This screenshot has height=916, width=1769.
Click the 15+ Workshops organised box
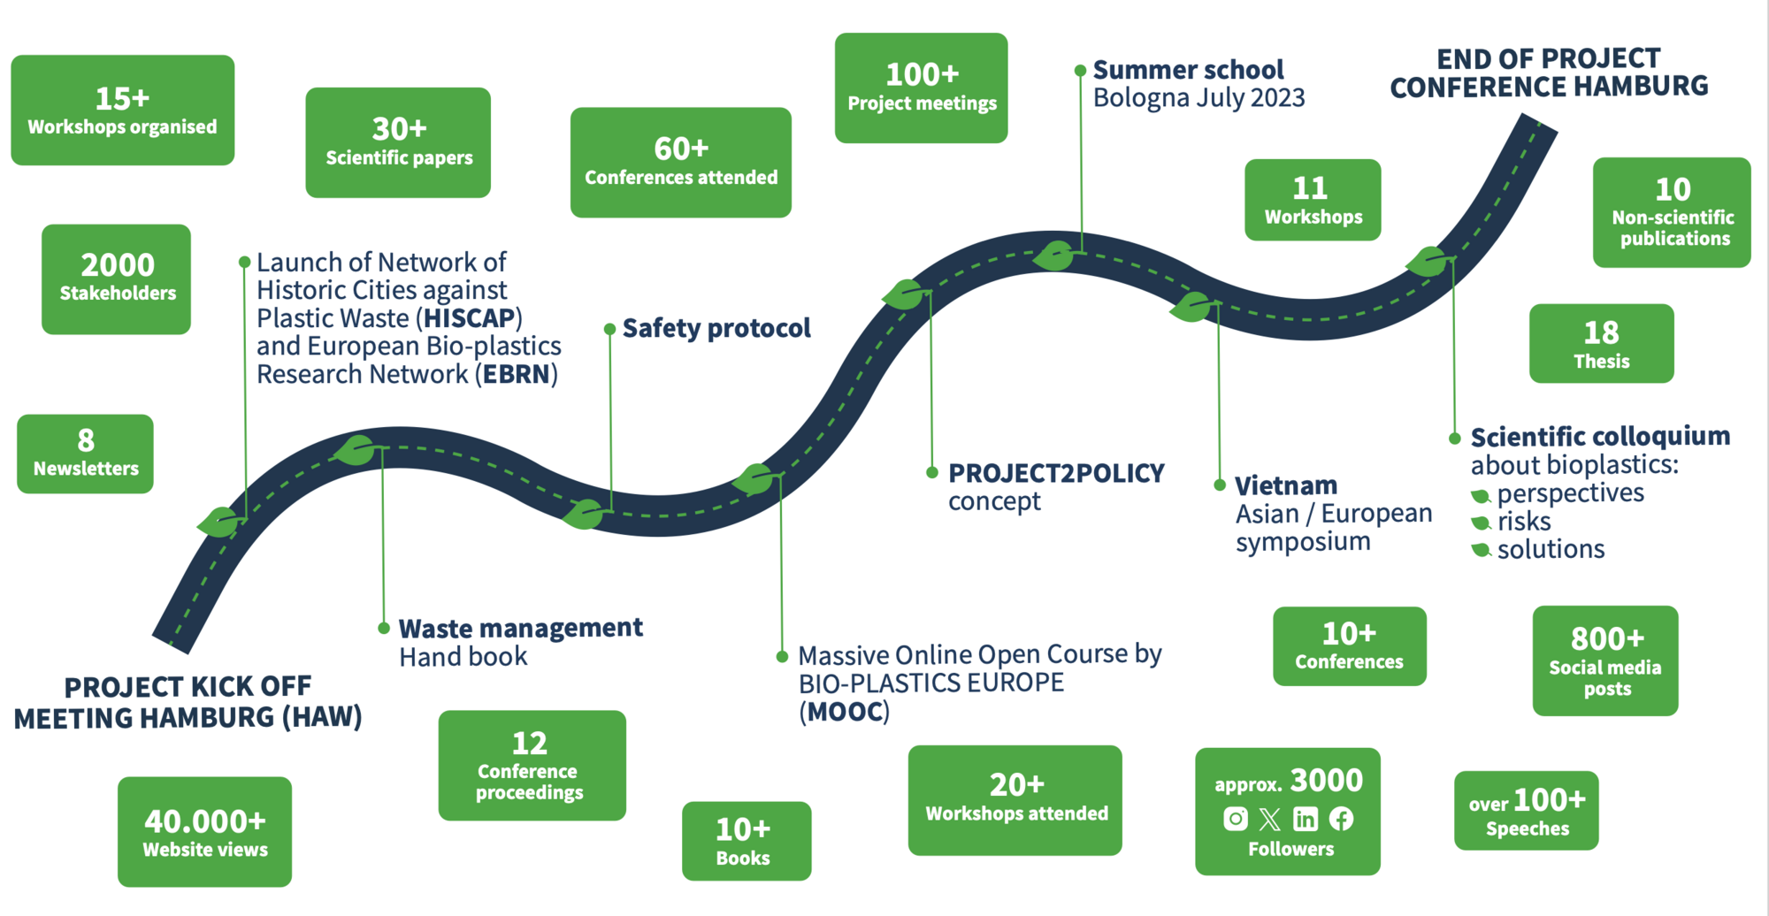coord(122,111)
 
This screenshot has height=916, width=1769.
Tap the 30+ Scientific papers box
coord(398,142)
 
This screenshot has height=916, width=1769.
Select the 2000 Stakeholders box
coord(117,279)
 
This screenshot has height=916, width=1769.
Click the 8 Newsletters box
coord(86,454)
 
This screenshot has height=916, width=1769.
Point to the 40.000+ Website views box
coord(204,832)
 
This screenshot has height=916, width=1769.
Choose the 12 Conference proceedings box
coord(532,766)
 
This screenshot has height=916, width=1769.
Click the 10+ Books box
coord(746,841)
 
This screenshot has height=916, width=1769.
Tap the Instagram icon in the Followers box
coord(1236,819)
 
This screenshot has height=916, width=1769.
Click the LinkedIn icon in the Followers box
coord(1306,819)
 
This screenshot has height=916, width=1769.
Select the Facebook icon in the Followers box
coord(1341,819)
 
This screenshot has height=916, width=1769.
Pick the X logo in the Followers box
coord(1270,819)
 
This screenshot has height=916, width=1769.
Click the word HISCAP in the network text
coord(469,318)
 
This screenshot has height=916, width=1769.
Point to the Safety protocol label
coord(716,328)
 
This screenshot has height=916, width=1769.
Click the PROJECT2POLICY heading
coord(1056,474)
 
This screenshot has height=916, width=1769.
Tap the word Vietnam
coord(1285,485)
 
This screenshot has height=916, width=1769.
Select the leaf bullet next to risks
coord(1481,523)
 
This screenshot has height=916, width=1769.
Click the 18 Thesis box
coord(1601,344)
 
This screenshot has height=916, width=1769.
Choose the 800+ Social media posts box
coord(1604,660)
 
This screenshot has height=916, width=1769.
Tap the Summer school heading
coord(1188,70)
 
